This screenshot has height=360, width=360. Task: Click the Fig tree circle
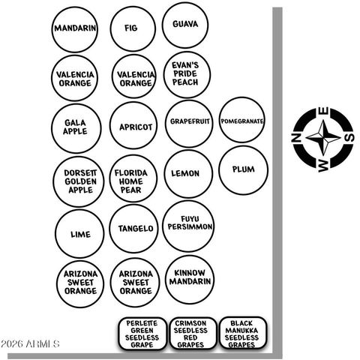coord(133,28)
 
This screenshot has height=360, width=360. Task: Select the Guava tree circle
coord(185,25)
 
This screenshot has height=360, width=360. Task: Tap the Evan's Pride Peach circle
coord(187,75)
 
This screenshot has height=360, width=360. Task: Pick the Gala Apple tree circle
coord(76,128)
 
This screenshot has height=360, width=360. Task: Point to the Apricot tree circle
coord(133,125)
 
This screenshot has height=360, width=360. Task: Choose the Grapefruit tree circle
coord(189,124)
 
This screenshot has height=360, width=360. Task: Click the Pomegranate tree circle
coord(241,120)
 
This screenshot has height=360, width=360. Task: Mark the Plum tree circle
coord(244,170)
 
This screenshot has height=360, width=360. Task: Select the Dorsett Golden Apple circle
coord(78,181)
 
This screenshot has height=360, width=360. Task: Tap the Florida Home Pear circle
coord(133,178)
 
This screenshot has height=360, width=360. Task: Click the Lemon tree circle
coord(188,174)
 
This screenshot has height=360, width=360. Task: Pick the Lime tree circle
coord(79,234)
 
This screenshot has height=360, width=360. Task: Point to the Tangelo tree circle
coord(133,229)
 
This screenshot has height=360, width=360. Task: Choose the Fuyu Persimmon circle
coord(188,226)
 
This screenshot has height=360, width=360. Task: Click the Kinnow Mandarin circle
coord(190,280)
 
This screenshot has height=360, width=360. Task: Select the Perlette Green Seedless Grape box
coord(142,334)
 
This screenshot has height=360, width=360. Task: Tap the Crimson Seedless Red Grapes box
coord(193,334)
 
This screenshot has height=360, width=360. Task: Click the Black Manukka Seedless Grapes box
coord(243,333)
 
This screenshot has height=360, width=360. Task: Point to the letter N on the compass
coord(296,138)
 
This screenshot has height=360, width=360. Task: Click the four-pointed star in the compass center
coord(323,137)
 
